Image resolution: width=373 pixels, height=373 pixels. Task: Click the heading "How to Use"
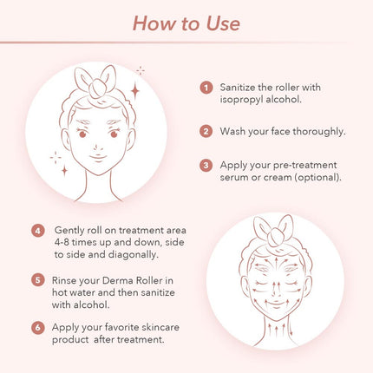(x=186, y=23)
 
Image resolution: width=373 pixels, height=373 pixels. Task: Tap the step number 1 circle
(x=206, y=88)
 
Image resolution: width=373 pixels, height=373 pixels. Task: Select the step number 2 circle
(x=206, y=132)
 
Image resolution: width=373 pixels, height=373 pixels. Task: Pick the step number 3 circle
(x=206, y=164)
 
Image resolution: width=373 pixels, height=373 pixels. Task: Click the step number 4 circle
(x=37, y=231)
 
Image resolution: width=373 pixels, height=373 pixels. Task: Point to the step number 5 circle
(x=37, y=280)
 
